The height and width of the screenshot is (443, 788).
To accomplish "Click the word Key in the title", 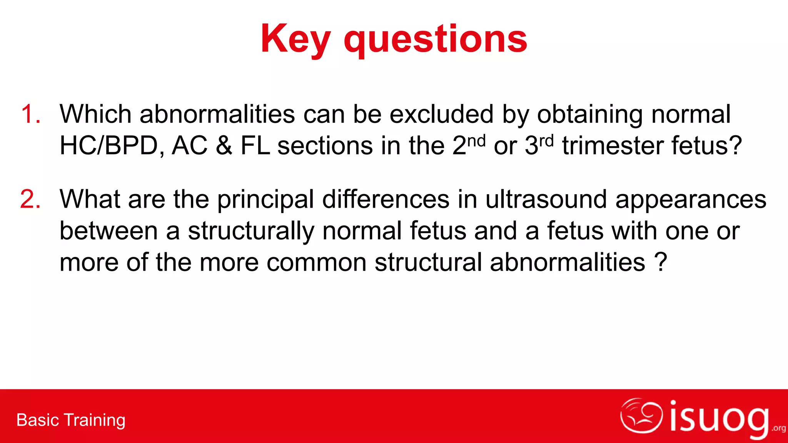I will point(295,40).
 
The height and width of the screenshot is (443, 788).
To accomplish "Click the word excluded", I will point(441,114).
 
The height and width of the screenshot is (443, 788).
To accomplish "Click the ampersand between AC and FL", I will point(224,146).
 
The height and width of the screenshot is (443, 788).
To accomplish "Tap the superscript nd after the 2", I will point(476,141).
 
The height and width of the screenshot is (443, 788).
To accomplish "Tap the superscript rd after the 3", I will point(546,141).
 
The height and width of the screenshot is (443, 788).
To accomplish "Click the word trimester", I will point(613,146).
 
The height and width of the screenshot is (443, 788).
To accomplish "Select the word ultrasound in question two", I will point(546,199).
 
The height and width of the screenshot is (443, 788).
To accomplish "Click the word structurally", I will point(251,231).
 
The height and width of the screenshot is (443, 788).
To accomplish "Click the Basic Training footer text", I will point(71,420).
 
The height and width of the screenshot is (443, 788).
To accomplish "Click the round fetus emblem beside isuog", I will point(641,416).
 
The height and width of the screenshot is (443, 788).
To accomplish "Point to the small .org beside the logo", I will point(779,428).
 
